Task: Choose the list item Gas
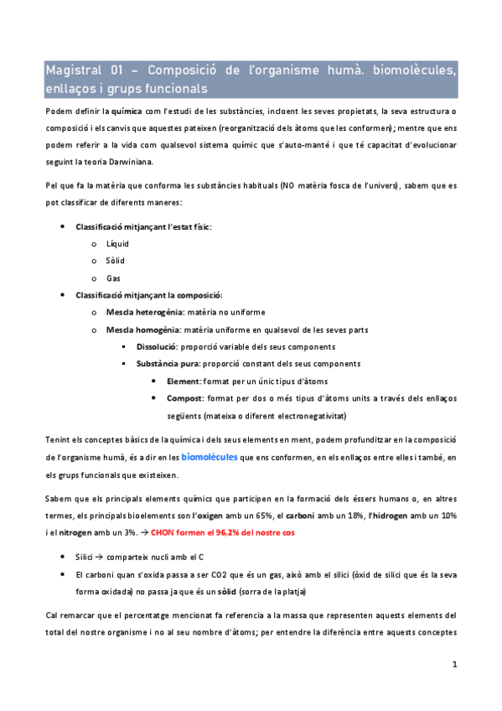(x=113, y=278)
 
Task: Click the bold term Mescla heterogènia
(x=144, y=312)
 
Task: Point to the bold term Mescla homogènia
(x=141, y=330)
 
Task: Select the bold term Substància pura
(x=164, y=364)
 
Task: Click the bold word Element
(x=184, y=381)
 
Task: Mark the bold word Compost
(x=185, y=398)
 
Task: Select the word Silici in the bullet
(x=85, y=557)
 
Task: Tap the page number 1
(x=453, y=664)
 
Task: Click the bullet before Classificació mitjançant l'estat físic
(x=65, y=226)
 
